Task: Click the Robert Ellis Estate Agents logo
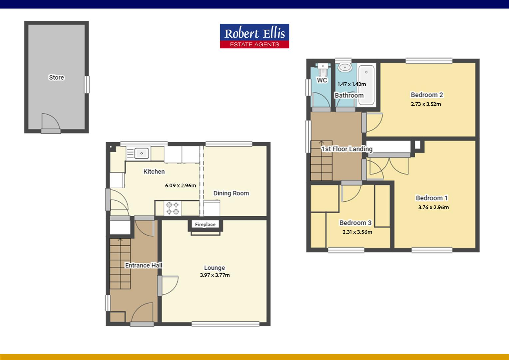point(254,36)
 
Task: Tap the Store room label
point(56,77)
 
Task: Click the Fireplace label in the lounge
point(205,225)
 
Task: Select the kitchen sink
point(142,153)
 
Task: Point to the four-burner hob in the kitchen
point(173,208)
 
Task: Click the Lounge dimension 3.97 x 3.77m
point(215,275)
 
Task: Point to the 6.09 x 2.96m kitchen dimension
point(181,186)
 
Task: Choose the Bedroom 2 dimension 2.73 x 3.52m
point(426,104)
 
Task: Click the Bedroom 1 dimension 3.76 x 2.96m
point(433,207)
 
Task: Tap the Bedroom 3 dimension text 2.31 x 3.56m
point(357,232)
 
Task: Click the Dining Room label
point(231,193)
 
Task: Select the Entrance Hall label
point(144,265)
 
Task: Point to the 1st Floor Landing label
point(347,149)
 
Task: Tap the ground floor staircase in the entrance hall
point(120,263)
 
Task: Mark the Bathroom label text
point(349,95)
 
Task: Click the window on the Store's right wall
point(87,85)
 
